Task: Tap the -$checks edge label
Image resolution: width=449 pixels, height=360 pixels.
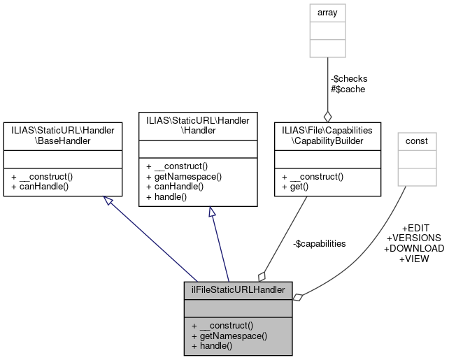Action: click(348, 78)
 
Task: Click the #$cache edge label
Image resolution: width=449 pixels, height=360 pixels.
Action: click(348, 89)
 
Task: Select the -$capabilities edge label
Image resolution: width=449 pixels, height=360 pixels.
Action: click(319, 243)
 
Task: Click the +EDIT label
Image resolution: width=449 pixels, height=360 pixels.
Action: click(415, 228)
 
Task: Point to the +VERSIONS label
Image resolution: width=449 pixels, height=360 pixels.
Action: click(413, 238)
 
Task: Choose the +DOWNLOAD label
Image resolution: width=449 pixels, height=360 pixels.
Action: click(413, 248)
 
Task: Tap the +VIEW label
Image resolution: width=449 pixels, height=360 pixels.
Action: click(413, 258)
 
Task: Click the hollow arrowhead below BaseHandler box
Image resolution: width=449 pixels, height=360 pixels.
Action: click(107, 201)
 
